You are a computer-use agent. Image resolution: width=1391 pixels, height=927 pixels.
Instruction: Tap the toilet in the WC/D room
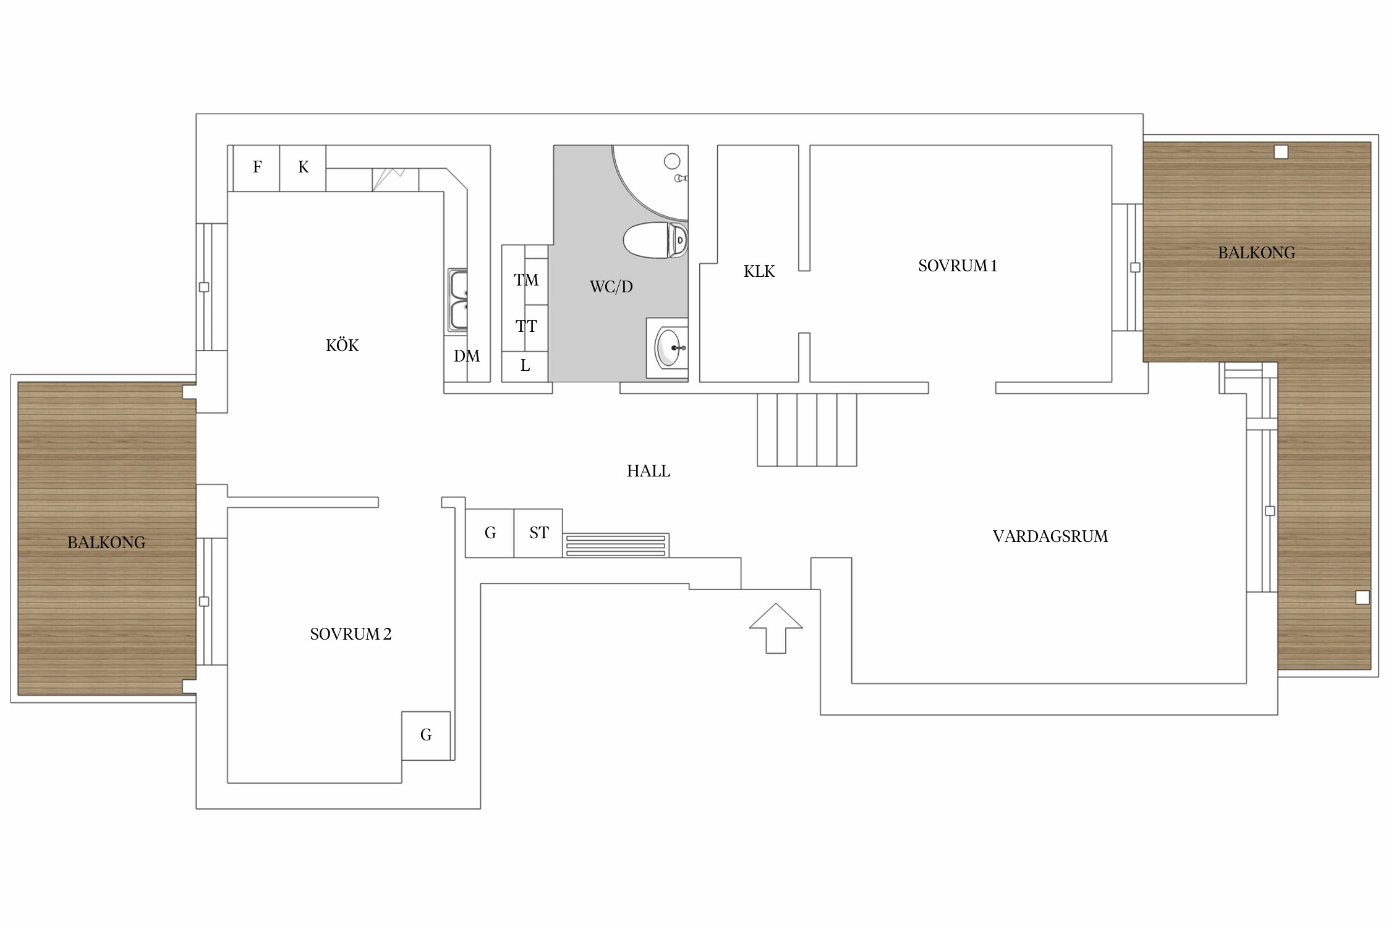(x=655, y=239)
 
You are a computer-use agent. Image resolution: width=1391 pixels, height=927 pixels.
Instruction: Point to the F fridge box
(x=257, y=167)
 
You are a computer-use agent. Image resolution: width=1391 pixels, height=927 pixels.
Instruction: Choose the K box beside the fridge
(x=303, y=167)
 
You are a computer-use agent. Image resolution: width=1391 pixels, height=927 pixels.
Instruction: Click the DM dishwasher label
(x=467, y=356)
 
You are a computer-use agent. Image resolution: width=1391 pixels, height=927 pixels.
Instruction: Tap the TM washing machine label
(x=526, y=280)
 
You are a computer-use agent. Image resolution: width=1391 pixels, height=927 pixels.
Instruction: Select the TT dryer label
(x=526, y=326)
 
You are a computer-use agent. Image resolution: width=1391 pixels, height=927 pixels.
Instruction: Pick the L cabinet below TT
(x=525, y=366)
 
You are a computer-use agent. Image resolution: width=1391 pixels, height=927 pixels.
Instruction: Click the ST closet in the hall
(x=538, y=533)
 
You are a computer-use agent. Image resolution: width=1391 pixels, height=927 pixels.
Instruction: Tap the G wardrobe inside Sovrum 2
(x=426, y=735)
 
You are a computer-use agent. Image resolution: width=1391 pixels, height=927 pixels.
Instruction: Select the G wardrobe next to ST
(x=490, y=533)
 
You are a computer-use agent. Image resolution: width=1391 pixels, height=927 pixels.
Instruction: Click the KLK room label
(x=759, y=271)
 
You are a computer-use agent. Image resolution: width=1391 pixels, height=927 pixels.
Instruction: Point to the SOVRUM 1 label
(x=958, y=266)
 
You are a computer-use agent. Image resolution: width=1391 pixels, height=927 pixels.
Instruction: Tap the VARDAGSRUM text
(x=1050, y=536)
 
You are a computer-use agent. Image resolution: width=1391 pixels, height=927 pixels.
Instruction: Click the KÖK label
(x=342, y=345)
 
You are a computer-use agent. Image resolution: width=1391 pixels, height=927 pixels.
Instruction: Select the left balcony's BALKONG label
(x=106, y=543)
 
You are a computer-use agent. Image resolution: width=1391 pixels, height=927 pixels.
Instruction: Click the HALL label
(x=649, y=471)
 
